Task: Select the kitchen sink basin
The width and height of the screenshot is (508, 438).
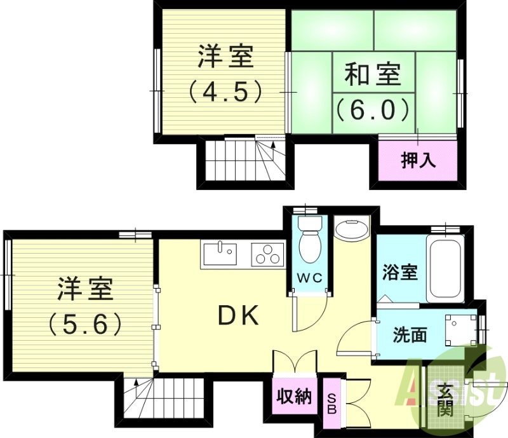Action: pos(220,253)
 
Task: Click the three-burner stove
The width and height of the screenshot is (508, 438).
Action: pos(267,255)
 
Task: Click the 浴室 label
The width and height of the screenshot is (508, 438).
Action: pos(399,272)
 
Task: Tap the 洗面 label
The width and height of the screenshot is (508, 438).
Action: pos(409,334)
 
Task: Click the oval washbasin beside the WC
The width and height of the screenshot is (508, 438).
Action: pos(351,229)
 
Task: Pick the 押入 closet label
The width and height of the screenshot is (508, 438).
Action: pos(418,160)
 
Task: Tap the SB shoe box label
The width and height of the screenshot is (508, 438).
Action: pos(331,402)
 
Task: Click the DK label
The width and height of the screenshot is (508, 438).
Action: pos(238,315)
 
